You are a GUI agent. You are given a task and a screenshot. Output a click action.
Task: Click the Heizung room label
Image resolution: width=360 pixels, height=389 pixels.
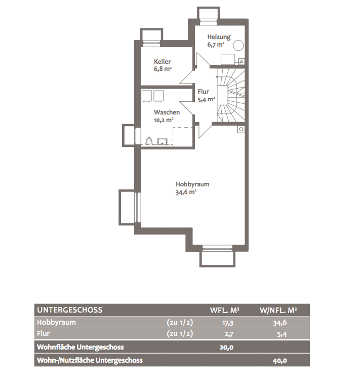(x=219, y=37)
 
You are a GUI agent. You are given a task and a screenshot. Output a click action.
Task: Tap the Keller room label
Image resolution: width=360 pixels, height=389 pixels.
(x=162, y=61)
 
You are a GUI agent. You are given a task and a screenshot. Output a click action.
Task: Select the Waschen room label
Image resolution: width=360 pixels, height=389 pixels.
(x=167, y=112)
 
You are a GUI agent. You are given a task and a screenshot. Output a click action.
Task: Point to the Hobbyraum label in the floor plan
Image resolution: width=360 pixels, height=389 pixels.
(x=192, y=184)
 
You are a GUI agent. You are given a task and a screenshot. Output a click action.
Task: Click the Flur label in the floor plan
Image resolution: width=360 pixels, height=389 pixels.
(x=204, y=92)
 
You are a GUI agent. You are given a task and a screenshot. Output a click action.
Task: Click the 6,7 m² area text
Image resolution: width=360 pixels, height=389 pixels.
(x=216, y=45)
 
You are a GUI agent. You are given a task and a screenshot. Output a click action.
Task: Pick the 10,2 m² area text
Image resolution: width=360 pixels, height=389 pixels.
(x=164, y=120)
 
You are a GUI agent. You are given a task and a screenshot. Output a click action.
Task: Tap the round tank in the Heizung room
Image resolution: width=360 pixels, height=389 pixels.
(x=238, y=45)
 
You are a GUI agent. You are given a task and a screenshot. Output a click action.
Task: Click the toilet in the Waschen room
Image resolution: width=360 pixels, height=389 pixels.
(x=149, y=141)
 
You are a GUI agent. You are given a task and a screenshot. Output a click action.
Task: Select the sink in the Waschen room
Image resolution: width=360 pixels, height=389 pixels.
(x=163, y=141)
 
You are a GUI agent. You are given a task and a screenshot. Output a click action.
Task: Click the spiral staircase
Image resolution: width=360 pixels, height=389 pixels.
(x=231, y=95)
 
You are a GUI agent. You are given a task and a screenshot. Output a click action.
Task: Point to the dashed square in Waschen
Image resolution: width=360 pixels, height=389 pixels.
(x=183, y=136)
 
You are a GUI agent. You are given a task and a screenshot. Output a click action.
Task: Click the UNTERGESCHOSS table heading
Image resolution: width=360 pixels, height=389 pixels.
(x=70, y=310)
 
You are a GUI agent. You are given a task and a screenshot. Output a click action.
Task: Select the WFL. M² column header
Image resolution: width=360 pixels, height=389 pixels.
(x=225, y=310)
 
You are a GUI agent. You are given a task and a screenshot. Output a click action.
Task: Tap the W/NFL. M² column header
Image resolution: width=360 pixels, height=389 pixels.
(x=278, y=310)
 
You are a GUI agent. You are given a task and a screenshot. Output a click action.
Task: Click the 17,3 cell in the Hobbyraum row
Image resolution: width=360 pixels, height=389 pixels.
(x=228, y=323)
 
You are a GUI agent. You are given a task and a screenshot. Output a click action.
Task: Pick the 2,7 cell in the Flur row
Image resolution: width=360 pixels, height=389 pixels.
(x=229, y=334)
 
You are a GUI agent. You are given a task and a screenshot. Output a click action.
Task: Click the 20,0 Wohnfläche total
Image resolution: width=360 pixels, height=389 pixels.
(x=226, y=347)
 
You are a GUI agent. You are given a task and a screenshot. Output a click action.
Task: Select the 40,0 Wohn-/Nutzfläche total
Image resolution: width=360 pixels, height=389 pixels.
(x=279, y=361)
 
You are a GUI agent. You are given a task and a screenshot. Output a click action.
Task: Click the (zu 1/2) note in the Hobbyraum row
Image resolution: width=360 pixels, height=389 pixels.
(x=180, y=322)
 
